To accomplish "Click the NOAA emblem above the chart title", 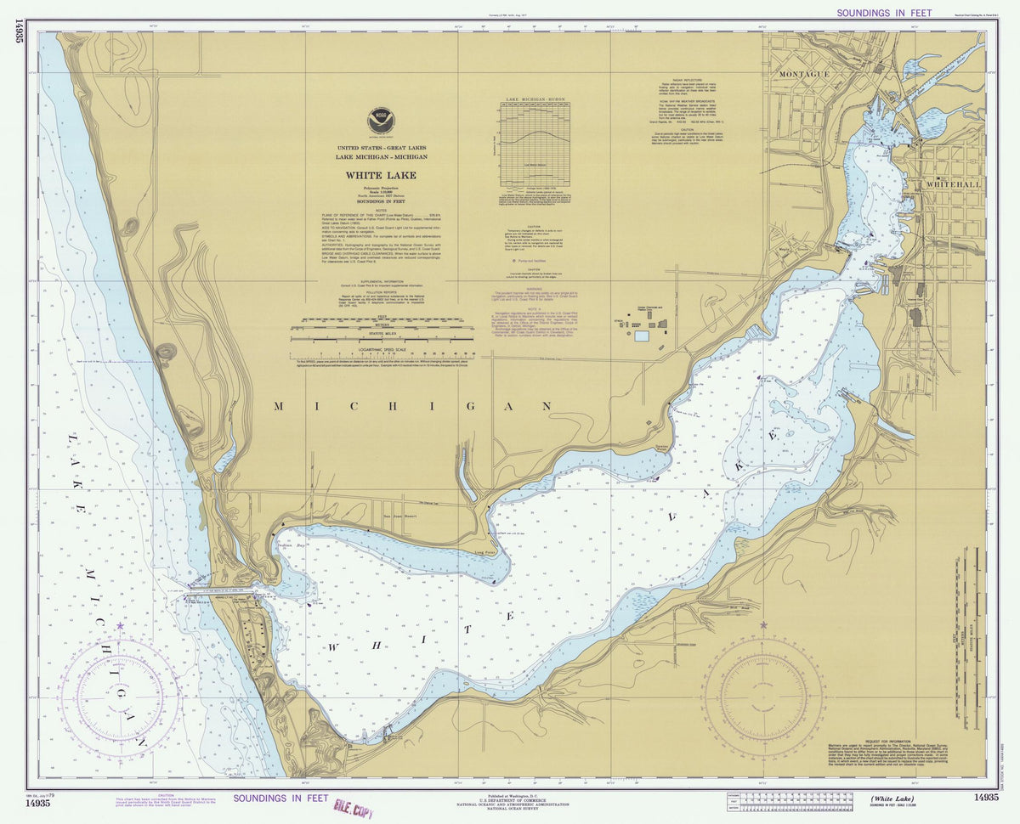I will tap(381, 121).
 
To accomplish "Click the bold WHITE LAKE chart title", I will tap(381, 176).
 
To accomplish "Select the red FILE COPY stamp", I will tap(354, 808).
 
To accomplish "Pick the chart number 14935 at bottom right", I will tap(986, 797).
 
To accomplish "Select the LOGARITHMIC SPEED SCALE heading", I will tap(382, 348).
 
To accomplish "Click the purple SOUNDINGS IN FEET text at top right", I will tap(884, 13).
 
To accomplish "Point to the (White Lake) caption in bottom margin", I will tap(893, 798).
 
